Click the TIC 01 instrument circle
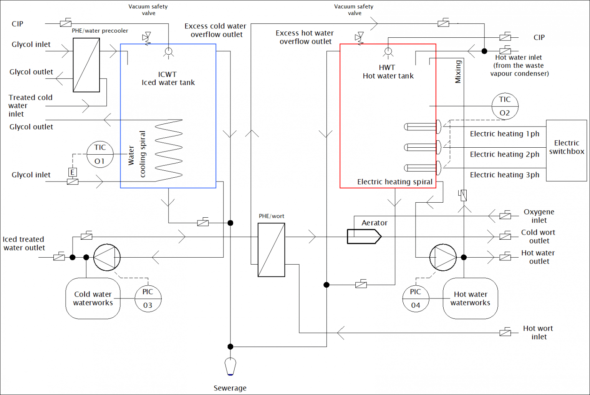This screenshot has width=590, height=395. click(100, 154)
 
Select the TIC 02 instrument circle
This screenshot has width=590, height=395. click(505, 106)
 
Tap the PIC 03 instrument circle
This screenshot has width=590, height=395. click(148, 298)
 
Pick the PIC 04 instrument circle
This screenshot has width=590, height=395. click(416, 298)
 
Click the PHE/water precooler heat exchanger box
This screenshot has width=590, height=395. click(86, 65)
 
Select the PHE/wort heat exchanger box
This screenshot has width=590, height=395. click(271, 250)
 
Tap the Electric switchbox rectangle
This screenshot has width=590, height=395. click(566, 150)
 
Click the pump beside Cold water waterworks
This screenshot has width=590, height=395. click(107, 257)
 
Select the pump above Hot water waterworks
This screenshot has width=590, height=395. click(443, 257)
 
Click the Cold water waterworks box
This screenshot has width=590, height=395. click(93, 298)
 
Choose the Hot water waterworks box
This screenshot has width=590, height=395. click(470, 298)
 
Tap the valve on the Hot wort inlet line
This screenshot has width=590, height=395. click(505, 332)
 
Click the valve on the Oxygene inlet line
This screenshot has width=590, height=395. click(505, 216)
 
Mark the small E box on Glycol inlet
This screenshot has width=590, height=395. click(72, 172)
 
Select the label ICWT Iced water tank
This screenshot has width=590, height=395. click(168, 78)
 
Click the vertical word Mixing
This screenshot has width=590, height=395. click(458, 72)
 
